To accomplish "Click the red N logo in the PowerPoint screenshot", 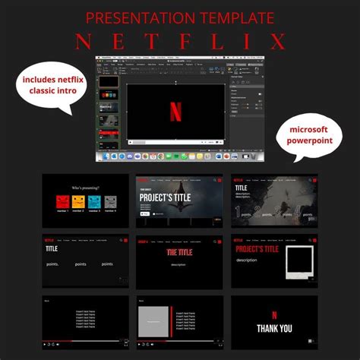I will (175, 112).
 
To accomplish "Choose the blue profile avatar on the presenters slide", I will (94, 202).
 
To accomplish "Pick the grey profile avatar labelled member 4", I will (110, 202).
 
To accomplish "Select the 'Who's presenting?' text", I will (86, 188).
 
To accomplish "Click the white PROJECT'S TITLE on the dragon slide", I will (164, 197).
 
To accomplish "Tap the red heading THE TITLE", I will (178, 252).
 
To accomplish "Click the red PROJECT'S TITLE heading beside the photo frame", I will (257, 249).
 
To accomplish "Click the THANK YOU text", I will (274, 329).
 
